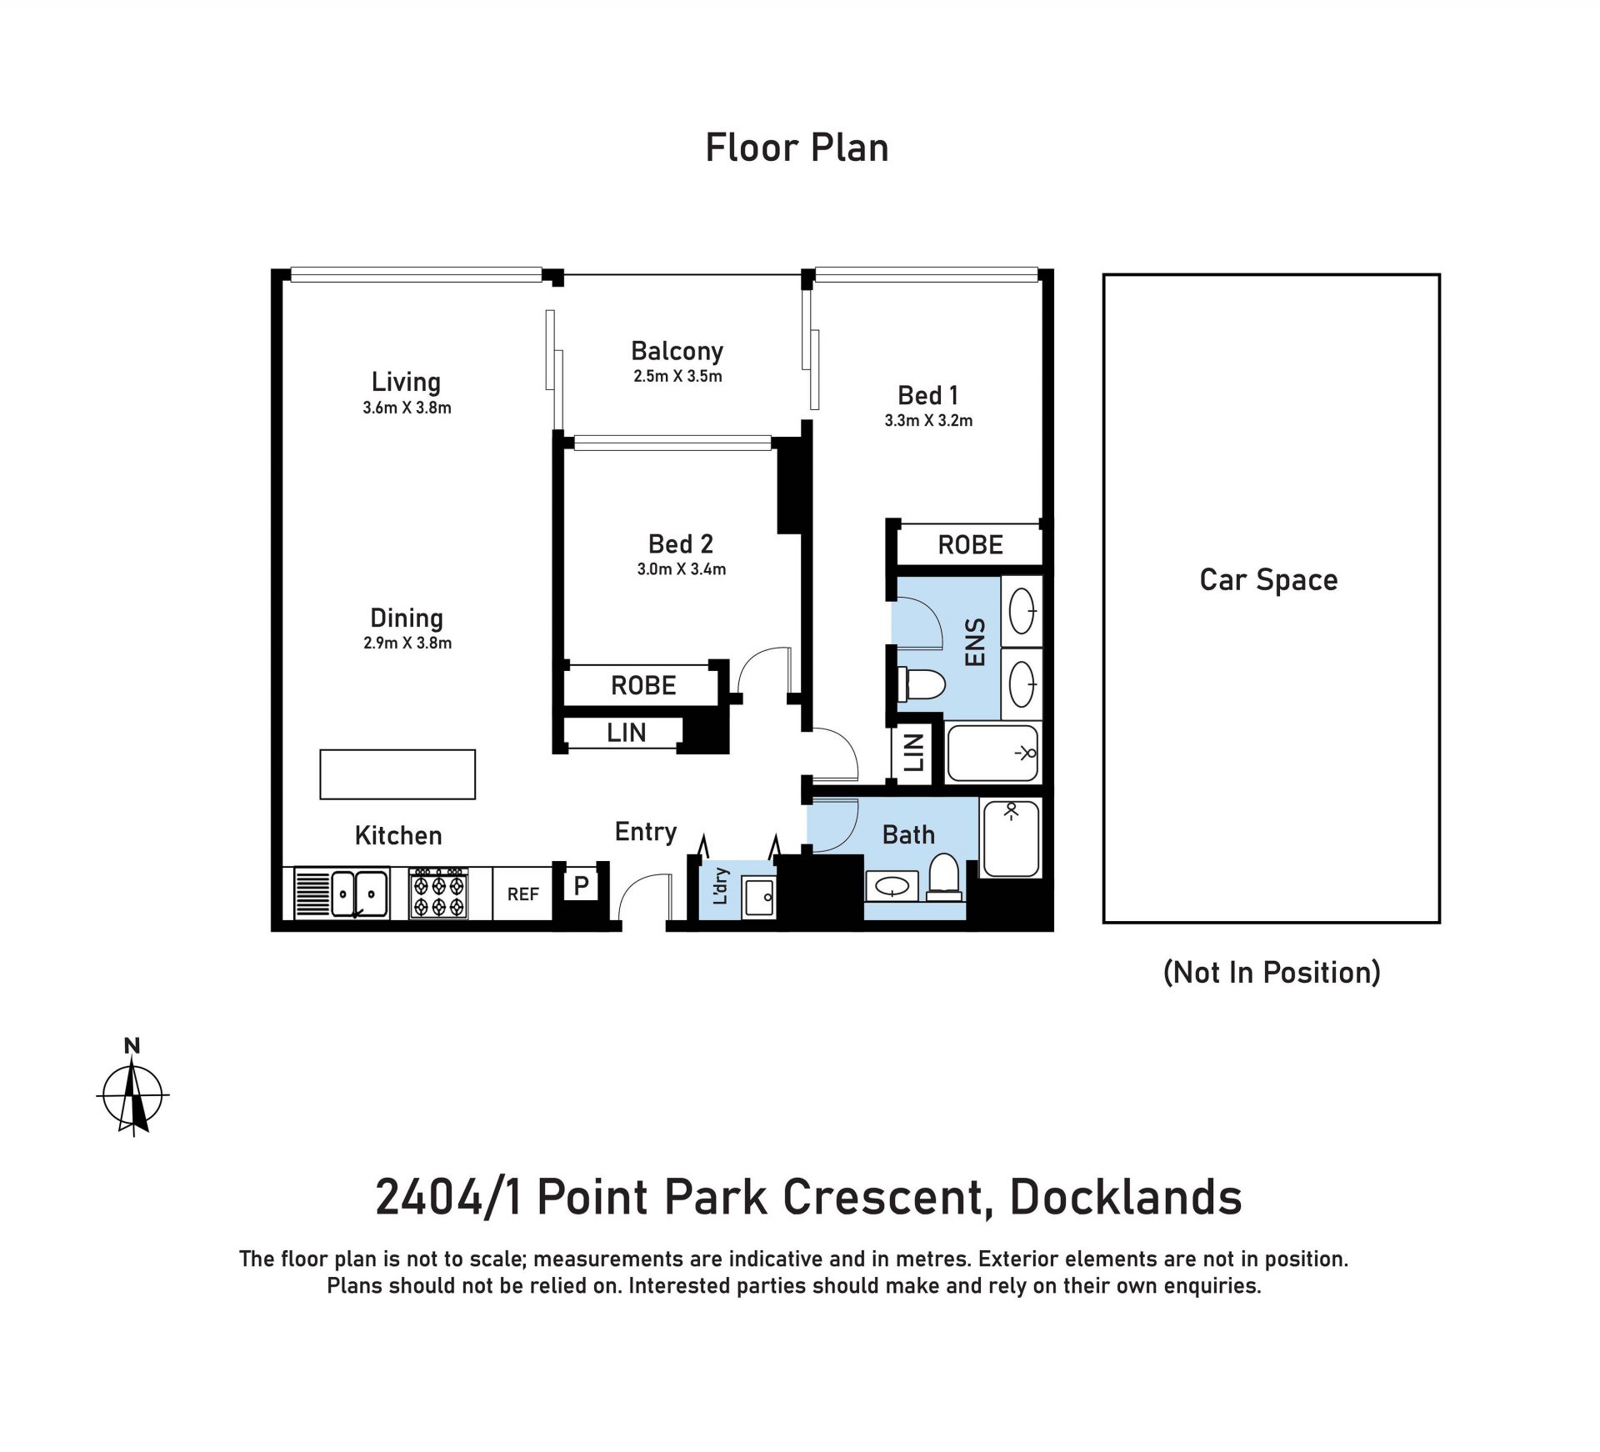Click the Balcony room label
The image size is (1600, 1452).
pos(677,351)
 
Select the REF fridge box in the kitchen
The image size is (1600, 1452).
pos(522,894)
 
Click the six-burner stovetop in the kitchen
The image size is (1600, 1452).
pos(438,894)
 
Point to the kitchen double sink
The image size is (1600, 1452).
pos(359,894)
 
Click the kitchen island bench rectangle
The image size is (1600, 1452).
pos(397,774)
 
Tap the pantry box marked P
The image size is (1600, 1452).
pos(582,885)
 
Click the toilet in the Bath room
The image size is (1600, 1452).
pos(943,877)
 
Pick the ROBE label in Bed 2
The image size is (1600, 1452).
pos(643,685)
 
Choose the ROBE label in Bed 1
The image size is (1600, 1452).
pos(970,545)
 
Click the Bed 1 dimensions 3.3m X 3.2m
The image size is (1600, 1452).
pos(928,420)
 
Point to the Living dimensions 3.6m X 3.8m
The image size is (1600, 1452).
pos(407,408)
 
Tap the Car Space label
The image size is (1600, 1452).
pos(1268,579)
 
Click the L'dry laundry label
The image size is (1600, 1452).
pos(722,886)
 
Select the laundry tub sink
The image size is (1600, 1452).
pos(759,898)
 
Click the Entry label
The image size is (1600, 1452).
pos(646,832)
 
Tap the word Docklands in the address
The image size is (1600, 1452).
pos(1126,1197)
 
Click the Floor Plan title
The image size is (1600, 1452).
pos(797,148)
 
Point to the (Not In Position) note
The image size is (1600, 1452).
pos(1272,972)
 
